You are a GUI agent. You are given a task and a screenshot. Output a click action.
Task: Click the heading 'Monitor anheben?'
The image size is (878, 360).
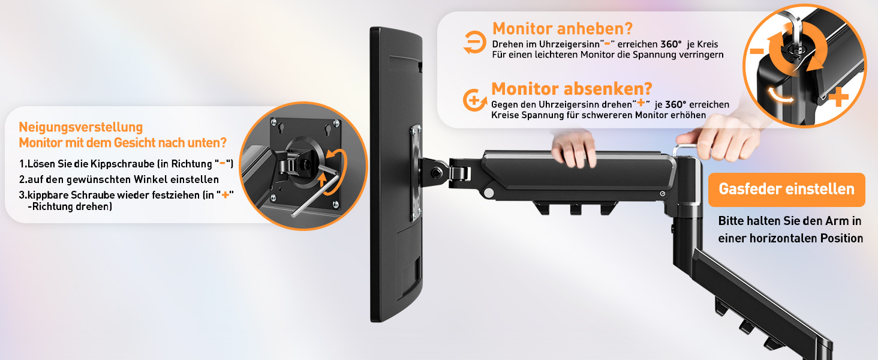pos(563,29)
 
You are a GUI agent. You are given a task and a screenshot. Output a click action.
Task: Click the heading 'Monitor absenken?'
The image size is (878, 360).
pos(572,89)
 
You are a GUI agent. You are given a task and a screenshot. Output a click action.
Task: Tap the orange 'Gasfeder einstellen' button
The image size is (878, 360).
pos(786,190)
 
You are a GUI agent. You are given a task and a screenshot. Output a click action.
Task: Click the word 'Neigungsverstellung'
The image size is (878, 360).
pos(81,128)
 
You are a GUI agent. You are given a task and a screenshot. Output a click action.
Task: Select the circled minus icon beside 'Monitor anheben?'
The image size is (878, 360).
pos(474,42)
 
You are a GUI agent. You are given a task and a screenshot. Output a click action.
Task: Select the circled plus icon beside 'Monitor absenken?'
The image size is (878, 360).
pos(474,100)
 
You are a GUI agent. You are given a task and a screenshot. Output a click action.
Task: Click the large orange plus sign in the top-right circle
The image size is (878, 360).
pos(839,97)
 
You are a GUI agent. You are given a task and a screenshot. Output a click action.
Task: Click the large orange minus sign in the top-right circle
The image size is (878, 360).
pos(757,51)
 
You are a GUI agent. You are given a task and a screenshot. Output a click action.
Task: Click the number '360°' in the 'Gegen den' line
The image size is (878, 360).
pos(676,105)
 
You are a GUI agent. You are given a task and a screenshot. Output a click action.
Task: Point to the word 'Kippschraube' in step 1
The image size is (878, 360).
pos(122,164)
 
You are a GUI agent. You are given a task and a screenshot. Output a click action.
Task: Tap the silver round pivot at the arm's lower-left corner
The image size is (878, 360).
pos(488,193)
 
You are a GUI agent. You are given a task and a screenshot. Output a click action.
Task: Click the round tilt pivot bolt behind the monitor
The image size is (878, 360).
pos(436,172)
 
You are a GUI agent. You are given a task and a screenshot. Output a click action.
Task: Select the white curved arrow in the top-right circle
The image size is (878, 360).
pos(780,95)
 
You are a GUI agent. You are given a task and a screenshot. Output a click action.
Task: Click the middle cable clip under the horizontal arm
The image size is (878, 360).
pos(575,209)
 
